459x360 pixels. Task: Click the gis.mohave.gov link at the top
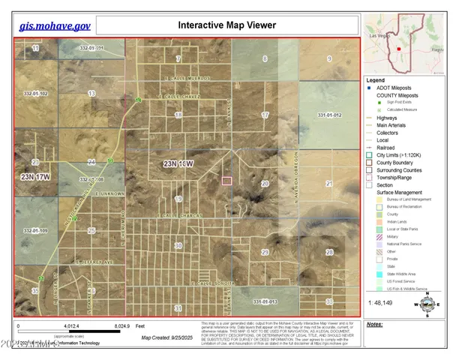pyautogui.click(x=55, y=25)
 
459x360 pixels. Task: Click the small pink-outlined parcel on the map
pyautogui.click(x=229, y=181)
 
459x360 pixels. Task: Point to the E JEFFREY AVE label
pyautogui.click(x=93, y=262)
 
